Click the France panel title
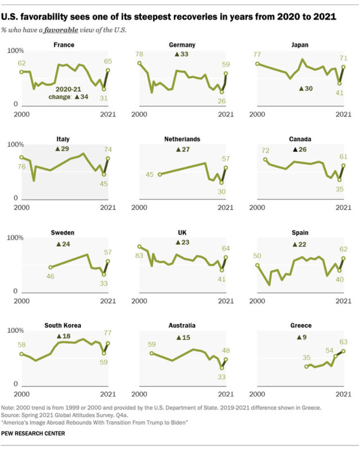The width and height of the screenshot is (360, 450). [x=64, y=45]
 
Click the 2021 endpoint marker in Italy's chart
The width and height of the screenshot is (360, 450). [x=108, y=158]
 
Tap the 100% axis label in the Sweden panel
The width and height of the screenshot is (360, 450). [x=16, y=238]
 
